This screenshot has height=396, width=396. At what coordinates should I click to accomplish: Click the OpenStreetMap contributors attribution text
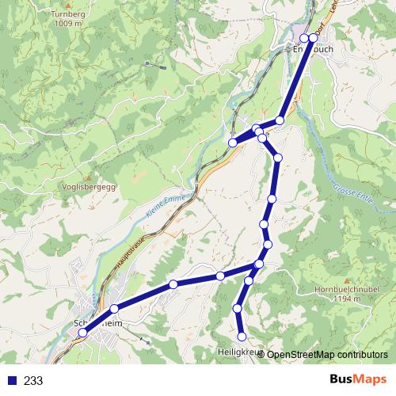[326, 355]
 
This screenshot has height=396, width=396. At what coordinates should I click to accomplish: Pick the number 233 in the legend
[33, 381]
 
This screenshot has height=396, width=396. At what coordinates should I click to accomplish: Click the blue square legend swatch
[13, 381]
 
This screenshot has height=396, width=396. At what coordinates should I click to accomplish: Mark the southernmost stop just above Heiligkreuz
[242, 337]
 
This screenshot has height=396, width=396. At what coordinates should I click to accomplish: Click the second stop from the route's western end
[114, 309]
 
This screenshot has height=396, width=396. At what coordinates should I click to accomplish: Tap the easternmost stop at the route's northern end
[313, 37]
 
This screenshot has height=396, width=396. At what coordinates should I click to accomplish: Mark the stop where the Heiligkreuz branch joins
[259, 264]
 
